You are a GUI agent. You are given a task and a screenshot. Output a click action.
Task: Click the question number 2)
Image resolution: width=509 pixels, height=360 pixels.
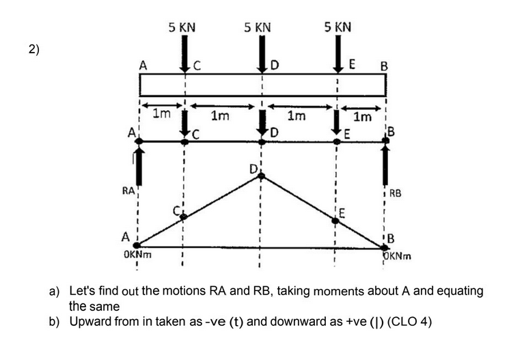click(x=35, y=49)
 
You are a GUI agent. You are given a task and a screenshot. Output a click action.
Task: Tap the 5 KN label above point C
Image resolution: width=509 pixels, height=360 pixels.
click(x=182, y=27)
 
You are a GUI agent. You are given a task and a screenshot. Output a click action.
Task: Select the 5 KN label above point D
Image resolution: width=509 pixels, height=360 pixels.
click(x=258, y=27)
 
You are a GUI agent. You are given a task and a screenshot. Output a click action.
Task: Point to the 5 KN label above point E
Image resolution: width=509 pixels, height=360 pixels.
click(x=338, y=27)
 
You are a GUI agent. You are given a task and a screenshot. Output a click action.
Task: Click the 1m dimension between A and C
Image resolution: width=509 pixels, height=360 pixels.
click(x=161, y=115)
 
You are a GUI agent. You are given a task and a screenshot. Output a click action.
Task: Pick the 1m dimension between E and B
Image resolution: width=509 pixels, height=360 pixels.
click(x=363, y=117)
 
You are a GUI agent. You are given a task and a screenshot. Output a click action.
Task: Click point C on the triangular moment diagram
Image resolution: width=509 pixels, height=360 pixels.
click(x=183, y=217)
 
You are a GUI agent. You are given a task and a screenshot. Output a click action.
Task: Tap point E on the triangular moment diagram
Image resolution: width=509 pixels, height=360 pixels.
click(x=335, y=220)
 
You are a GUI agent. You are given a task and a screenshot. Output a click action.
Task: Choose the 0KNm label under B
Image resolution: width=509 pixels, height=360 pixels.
click(x=399, y=256)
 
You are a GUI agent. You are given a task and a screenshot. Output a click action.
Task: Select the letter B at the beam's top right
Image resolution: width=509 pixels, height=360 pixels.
click(x=384, y=67)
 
